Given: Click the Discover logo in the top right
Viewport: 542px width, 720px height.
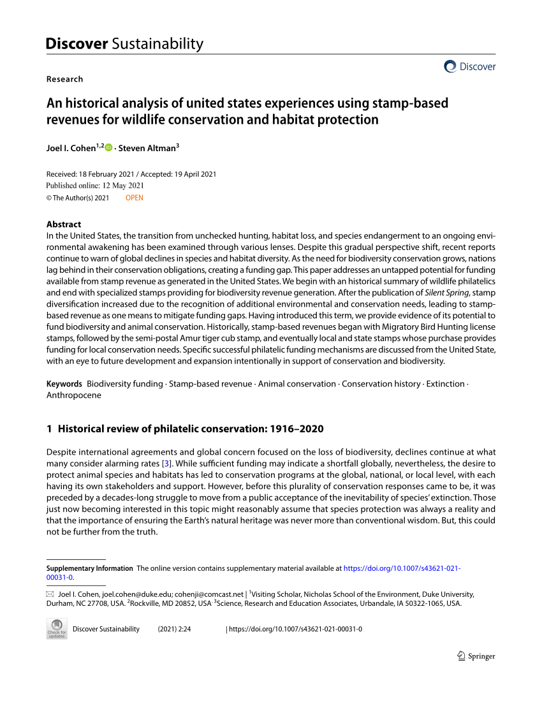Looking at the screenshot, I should (x=469, y=66).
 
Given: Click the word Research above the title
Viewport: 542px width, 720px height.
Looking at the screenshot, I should (x=64, y=79).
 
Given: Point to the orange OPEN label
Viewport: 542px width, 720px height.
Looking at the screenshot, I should (x=135, y=198).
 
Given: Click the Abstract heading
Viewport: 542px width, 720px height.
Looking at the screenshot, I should (x=64, y=224).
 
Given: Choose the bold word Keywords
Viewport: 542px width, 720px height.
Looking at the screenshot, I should (x=64, y=384).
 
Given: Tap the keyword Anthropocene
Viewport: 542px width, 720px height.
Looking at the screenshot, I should (x=74, y=395).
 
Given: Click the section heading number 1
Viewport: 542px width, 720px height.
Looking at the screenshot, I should (x=49, y=429).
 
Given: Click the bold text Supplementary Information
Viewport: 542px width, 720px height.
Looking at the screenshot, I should (x=90, y=568).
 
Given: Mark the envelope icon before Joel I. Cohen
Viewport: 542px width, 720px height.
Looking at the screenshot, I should (x=50, y=594).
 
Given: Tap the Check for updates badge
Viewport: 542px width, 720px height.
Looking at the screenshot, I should (x=57, y=628).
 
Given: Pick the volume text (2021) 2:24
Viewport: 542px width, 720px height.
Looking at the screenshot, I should (x=174, y=629).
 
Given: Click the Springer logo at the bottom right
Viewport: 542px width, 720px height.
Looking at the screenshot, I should (x=476, y=656).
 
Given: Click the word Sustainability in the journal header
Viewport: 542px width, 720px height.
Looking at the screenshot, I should (x=157, y=44).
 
